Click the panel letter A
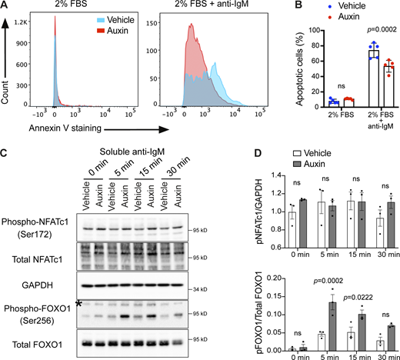pos(6,6)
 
